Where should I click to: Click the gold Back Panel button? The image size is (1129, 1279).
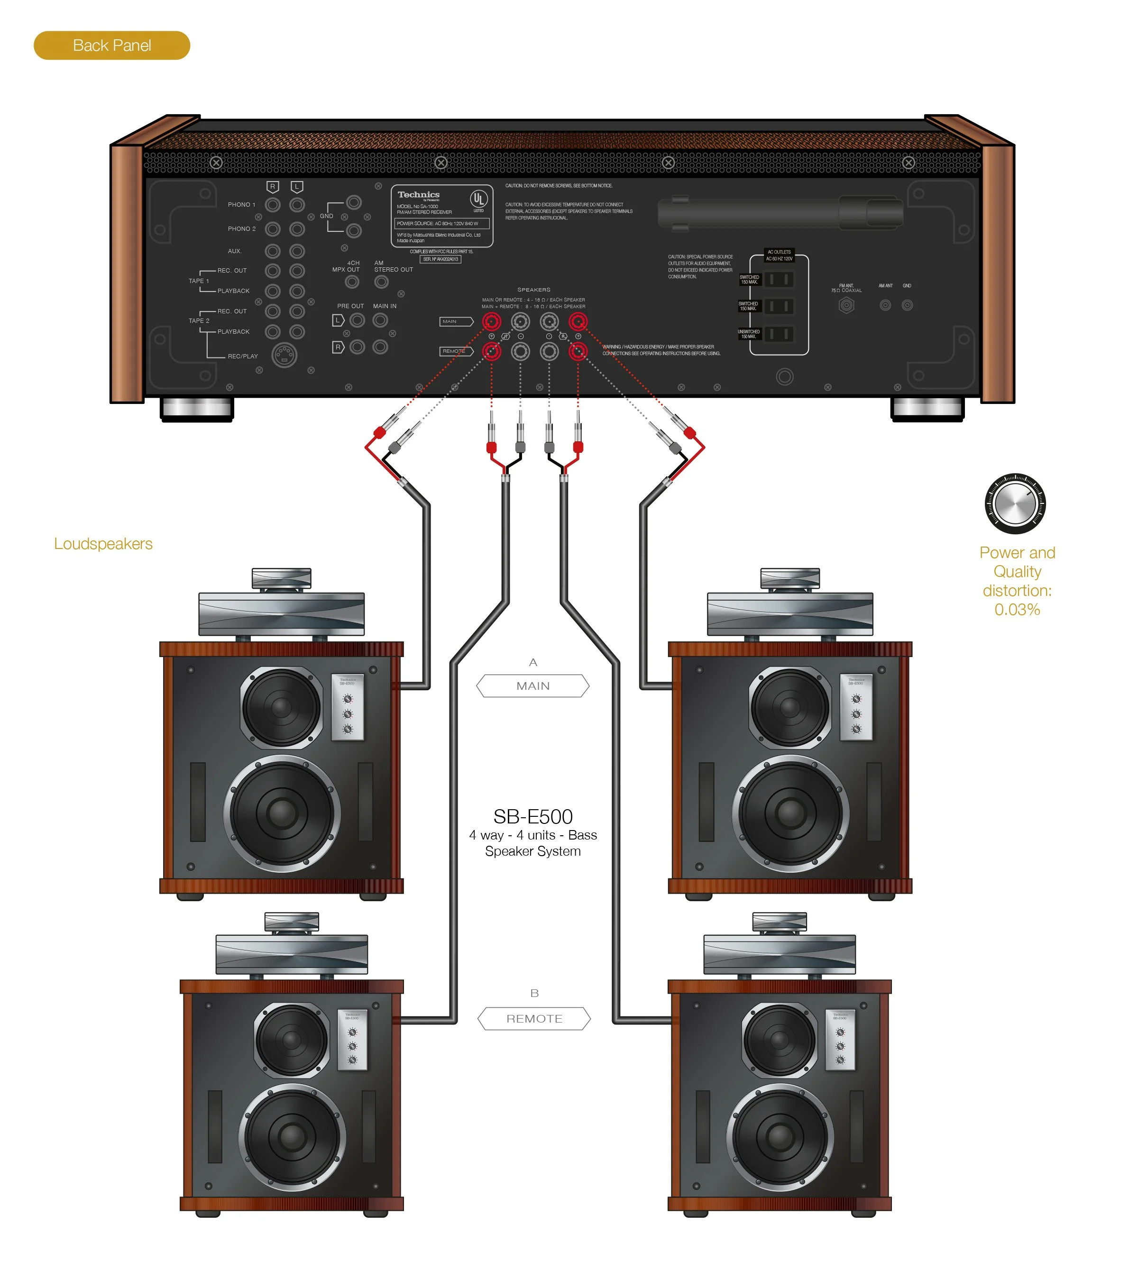(x=111, y=46)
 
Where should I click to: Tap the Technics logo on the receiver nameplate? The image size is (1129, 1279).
(x=418, y=195)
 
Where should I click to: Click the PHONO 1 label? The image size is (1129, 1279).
(x=241, y=205)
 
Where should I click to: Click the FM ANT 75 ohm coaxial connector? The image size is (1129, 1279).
(x=845, y=305)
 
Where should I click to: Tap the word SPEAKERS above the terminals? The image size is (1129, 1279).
(x=533, y=290)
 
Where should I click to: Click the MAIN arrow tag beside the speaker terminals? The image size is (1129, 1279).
(x=455, y=321)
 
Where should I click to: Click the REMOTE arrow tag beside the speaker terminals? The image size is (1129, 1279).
(x=456, y=351)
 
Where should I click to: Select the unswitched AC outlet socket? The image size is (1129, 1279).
(x=779, y=334)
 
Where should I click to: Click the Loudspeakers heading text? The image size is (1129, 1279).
(x=103, y=544)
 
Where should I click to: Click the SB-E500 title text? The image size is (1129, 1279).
(x=532, y=817)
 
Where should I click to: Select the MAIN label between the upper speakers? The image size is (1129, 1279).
(x=532, y=686)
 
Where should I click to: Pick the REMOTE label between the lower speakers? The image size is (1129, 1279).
(x=534, y=1019)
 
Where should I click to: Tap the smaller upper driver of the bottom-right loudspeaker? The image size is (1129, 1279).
(x=779, y=1039)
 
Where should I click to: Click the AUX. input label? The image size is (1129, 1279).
(x=234, y=251)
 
